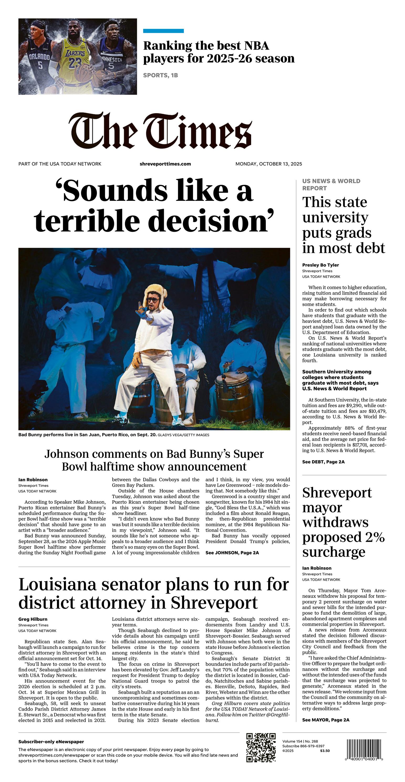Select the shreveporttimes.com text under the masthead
[165, 164]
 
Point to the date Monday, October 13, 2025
[269, 164]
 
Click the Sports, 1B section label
[160, 75]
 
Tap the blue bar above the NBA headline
[163, 31]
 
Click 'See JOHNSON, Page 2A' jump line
[232, 553]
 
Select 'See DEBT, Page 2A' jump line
[323, 462]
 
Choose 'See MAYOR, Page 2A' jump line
[326, 720]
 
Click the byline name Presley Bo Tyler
[320, 265]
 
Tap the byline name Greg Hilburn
[33, 619]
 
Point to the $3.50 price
[325, 751]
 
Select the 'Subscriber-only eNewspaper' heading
[51, 742]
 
